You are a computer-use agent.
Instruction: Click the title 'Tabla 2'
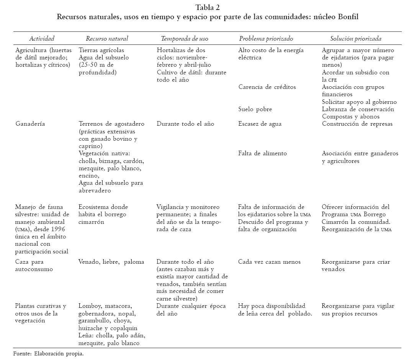[207, 8]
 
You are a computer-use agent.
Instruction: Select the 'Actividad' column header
[42, 38]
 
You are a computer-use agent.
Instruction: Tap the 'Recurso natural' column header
[107, 38]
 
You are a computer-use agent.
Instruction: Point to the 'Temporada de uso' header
[185, 38]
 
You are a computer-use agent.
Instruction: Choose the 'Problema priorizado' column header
[266, 38]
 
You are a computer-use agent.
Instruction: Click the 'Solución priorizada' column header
[356, 38]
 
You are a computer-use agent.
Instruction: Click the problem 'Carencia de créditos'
[267, 87]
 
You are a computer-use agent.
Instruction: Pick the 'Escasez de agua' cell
[260, 124]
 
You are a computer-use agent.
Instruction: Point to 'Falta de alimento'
[262, 153]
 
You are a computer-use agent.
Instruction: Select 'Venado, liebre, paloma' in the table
[111, 262]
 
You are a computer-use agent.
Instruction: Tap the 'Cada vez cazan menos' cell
[269, 262]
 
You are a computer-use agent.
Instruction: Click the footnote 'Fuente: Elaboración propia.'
[48, 353]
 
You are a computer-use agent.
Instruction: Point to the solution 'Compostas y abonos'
[351, 117]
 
